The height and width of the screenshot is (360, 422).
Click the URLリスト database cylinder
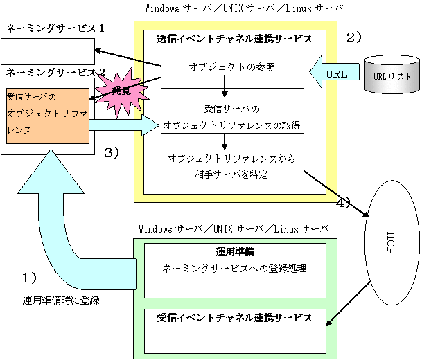[392, 75]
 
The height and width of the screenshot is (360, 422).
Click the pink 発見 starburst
[121, 92]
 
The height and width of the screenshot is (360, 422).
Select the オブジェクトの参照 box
[232, 71]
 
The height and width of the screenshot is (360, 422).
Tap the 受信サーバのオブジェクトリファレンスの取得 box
[232, 117]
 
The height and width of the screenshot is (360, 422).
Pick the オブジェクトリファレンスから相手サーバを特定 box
[232, 168]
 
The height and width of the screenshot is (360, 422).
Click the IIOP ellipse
[392, 242]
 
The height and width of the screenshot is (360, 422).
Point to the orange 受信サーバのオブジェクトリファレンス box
[48, 116]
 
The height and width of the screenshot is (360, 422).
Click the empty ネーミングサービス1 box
[48, 51]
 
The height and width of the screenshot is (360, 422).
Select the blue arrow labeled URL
[334, 72]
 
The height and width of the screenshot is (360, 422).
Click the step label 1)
[29, 278]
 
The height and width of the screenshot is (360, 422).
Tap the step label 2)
[353, 37]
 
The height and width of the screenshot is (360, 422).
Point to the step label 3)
[112, 153]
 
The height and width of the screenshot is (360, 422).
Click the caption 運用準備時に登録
[61, 300]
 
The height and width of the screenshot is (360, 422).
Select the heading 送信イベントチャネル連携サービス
[234, 39]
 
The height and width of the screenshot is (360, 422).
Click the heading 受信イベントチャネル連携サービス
[234, 318]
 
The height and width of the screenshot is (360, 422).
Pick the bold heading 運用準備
[235, 252]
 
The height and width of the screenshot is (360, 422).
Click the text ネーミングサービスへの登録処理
[234, 269]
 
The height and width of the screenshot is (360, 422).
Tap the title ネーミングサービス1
[55, 28]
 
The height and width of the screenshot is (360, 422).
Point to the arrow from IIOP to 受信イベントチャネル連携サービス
[349, 304]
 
